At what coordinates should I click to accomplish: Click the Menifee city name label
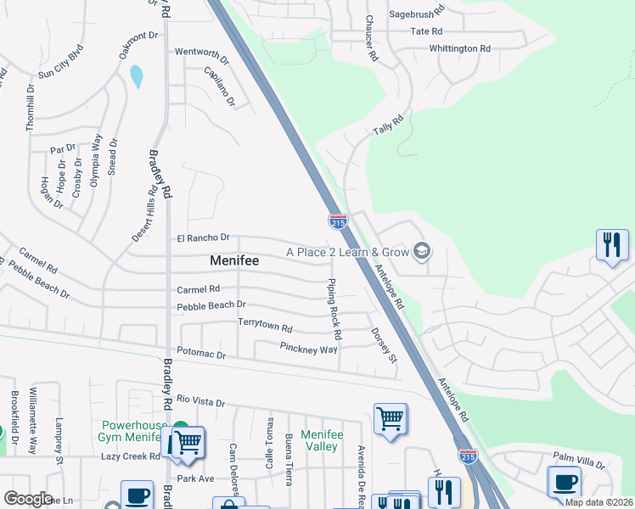pos(234,262)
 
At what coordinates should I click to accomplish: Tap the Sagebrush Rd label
pos(417,14)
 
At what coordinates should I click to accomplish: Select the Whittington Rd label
pos(459,48)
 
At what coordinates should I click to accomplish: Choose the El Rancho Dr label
pos(203,238)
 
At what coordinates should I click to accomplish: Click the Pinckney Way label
pos(308,348)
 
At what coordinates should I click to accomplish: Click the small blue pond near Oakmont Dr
pos(136,76)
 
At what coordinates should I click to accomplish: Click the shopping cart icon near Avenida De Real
pos(390,417)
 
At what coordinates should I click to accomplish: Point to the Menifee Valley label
pos(322,440)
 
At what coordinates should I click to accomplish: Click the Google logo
pos(28,499)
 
